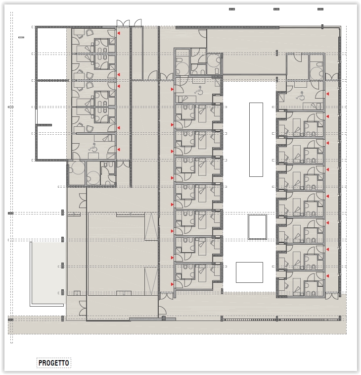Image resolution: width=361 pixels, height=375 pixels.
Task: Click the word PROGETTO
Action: tap(54, 363)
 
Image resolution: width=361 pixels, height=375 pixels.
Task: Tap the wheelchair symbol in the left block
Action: tap(93, 147)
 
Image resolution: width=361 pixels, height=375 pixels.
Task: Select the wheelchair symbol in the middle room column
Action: tap(199, 90)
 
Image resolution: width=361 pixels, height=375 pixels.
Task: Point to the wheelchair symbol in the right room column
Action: tap(300, 96)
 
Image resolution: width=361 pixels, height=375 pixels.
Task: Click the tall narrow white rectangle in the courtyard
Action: tap(256, 140)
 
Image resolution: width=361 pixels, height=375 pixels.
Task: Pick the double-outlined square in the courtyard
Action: tap(257, 227)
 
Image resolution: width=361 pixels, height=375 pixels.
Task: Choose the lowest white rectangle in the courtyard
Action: tap(249, 272)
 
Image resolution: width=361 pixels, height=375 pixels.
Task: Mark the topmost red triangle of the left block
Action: tap(118, 33)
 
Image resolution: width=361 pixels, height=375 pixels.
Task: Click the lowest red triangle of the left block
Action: tap(118, 150)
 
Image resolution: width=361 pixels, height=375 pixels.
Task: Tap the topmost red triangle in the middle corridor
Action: tap(172, 89)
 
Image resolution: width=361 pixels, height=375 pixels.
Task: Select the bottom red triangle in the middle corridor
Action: tap(172, 284)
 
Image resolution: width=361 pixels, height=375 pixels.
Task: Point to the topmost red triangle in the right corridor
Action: tap(327, 94)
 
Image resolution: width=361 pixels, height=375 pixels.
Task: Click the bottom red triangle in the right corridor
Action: tap(327, 276)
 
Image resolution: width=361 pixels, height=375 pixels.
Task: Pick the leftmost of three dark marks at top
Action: tap(232, 9)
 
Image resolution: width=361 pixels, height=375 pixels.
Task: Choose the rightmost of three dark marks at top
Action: tap(320, 9)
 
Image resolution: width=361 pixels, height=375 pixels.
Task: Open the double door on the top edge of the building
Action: tap(123, 23)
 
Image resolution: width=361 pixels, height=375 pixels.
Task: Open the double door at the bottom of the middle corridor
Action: tap(166, 296)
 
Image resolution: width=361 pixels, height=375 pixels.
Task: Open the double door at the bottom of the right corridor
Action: tap(332, 296)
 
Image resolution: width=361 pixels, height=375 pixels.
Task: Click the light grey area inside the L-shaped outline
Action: tap(48, 272)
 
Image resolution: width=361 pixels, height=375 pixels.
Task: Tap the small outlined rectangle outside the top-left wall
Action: tap(21, 37)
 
